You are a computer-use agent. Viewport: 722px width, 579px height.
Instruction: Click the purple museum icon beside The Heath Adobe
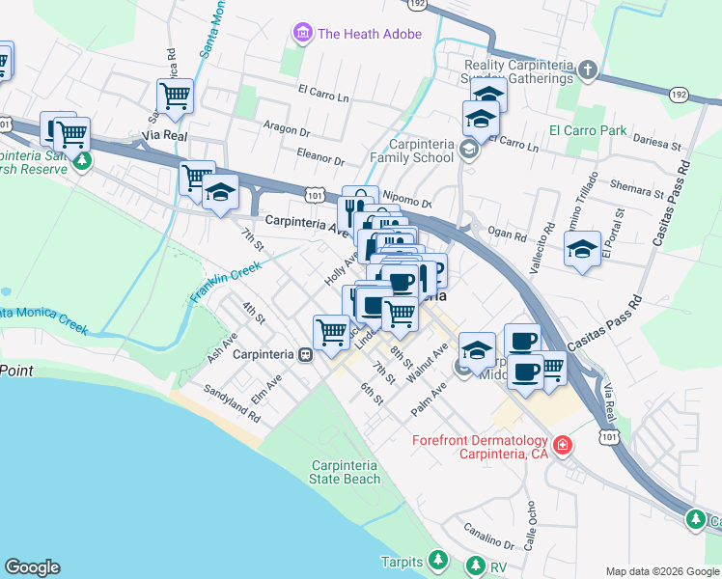pyautogui.click(x=303, y=35)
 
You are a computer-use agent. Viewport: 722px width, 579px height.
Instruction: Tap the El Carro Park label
pyautogui.click(x=588, y=131)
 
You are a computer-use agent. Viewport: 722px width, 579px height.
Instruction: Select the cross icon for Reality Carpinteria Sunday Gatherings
pyautogui.click(x=589, y=70)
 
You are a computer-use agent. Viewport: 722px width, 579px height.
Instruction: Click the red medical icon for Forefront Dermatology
pyautogui.click(x=562, y=447)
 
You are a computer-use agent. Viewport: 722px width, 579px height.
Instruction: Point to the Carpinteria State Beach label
pyautogui.click(x=345, y=472)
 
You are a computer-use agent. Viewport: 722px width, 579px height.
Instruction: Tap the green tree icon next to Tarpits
pyautogui.click(x=438, y=560)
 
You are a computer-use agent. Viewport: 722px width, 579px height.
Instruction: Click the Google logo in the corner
pyautogui.click(x=32, y=567)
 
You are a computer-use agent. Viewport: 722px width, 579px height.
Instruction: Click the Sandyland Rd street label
pyautogui.click(x=232, y=404)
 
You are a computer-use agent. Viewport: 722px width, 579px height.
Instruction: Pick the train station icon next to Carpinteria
pyautogui.click(x=305, y=354)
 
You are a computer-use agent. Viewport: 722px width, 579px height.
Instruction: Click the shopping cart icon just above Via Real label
pyautogui.click(x=175, y=96)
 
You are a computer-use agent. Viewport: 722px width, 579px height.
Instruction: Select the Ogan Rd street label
pyautogui.click(x=507, y=234)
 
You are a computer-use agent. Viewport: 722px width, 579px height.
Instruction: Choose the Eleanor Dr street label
pyautogui.click(x=320, y=155)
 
